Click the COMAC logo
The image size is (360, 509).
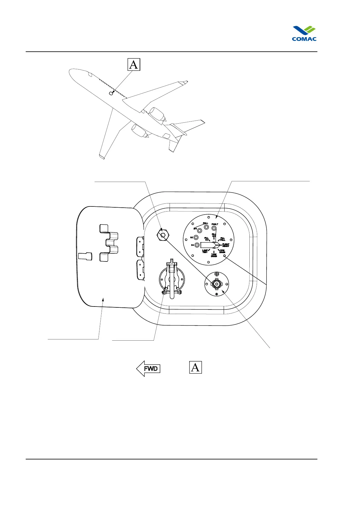[x=304, y=34]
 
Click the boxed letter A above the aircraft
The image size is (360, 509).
[x=133, y=64]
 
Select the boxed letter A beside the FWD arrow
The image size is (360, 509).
[x=195, y=367]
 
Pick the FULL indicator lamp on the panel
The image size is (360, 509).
[x=206, y=227]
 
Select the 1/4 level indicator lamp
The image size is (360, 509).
[x=197, y=245]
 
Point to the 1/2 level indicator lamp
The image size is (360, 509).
[x=196, y=238]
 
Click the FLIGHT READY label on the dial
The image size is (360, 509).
[x=226, y=245]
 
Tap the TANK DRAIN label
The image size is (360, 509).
[x=214, y=255]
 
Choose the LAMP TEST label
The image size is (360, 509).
[x=205, y=251]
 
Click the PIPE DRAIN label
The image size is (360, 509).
[x=222, y=251]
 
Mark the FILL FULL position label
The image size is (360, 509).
[x=222, y=239]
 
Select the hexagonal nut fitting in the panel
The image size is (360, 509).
[x=163, y=235]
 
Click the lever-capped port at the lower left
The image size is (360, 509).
[x=171, y=280]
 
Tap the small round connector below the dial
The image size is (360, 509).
[x=216, y=284]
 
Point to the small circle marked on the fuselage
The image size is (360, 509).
[x=111, y=93]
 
